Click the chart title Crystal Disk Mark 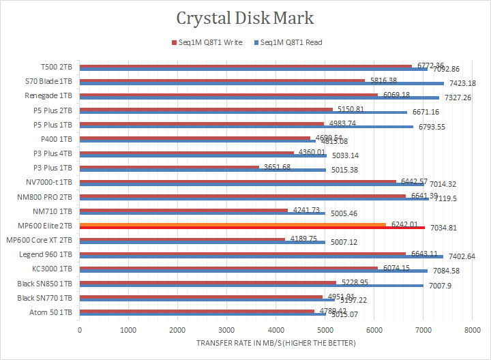point(245,18)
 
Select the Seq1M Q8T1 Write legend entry point(206,42)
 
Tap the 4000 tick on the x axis point(276,330)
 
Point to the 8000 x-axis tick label point(471,330)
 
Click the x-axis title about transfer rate point(276,343)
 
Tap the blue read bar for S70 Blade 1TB point(259,84)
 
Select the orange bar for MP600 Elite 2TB point(232,224)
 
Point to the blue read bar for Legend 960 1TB point(259,256)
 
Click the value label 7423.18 point(463,83)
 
